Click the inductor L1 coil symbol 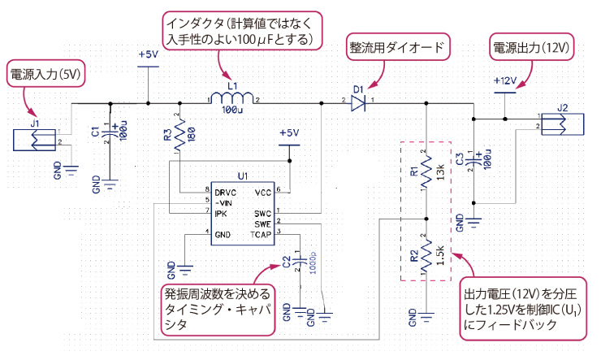(x=234, y=96)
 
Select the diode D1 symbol (x=358, y=102)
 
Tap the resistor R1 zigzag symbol (x=426, y=172)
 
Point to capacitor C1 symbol (x=112, y=132)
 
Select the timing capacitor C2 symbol (x=300, y=261)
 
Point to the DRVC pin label (x=227, y=191)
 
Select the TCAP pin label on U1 (x=261, y=233)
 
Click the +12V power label (x=504, y=81)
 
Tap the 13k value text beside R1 (x=439, y=172)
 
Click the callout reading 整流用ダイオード (x=396, y=46)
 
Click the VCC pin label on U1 (x=262, y=192)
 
